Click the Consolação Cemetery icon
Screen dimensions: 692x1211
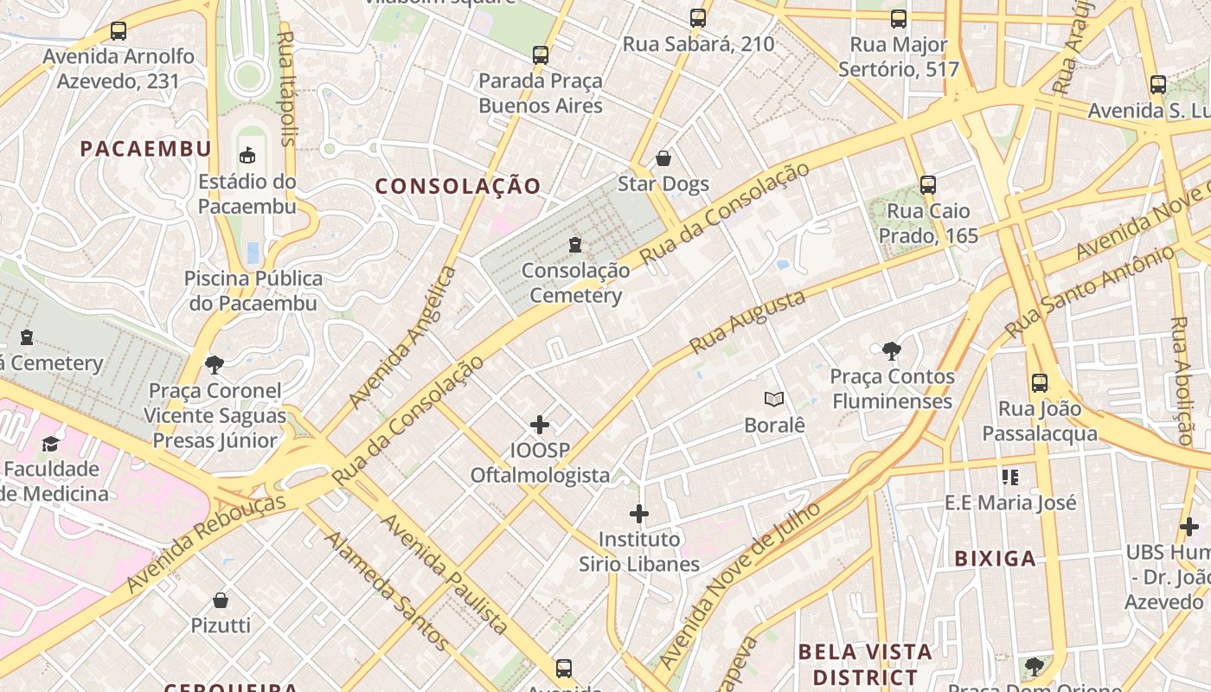575,246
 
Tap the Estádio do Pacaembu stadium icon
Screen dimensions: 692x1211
248,156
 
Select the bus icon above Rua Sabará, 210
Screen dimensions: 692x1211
698,17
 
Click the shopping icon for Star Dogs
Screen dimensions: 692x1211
663,158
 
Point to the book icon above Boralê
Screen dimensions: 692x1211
774,399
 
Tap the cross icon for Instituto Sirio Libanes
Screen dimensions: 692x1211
639,514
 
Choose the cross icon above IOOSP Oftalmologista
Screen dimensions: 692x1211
540,424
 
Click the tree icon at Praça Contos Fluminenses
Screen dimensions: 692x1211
891,351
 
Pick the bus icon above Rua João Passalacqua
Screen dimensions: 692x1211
1040,382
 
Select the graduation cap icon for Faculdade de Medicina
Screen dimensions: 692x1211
50,444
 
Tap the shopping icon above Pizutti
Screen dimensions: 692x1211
221,600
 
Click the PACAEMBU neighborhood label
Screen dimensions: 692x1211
146,149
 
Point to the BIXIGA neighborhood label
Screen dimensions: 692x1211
995,558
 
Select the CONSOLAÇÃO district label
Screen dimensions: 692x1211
458,186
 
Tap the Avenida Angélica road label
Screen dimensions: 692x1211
402,338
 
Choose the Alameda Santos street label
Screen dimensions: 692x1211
387,590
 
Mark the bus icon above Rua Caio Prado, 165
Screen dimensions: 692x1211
928,184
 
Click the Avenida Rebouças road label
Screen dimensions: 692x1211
206,543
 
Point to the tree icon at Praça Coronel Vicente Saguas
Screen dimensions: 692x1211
215,365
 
